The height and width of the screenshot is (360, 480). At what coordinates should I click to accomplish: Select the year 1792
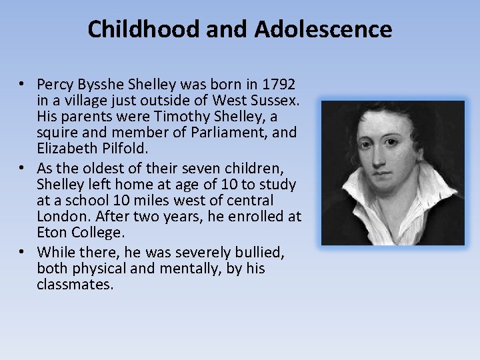point(278,86)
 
